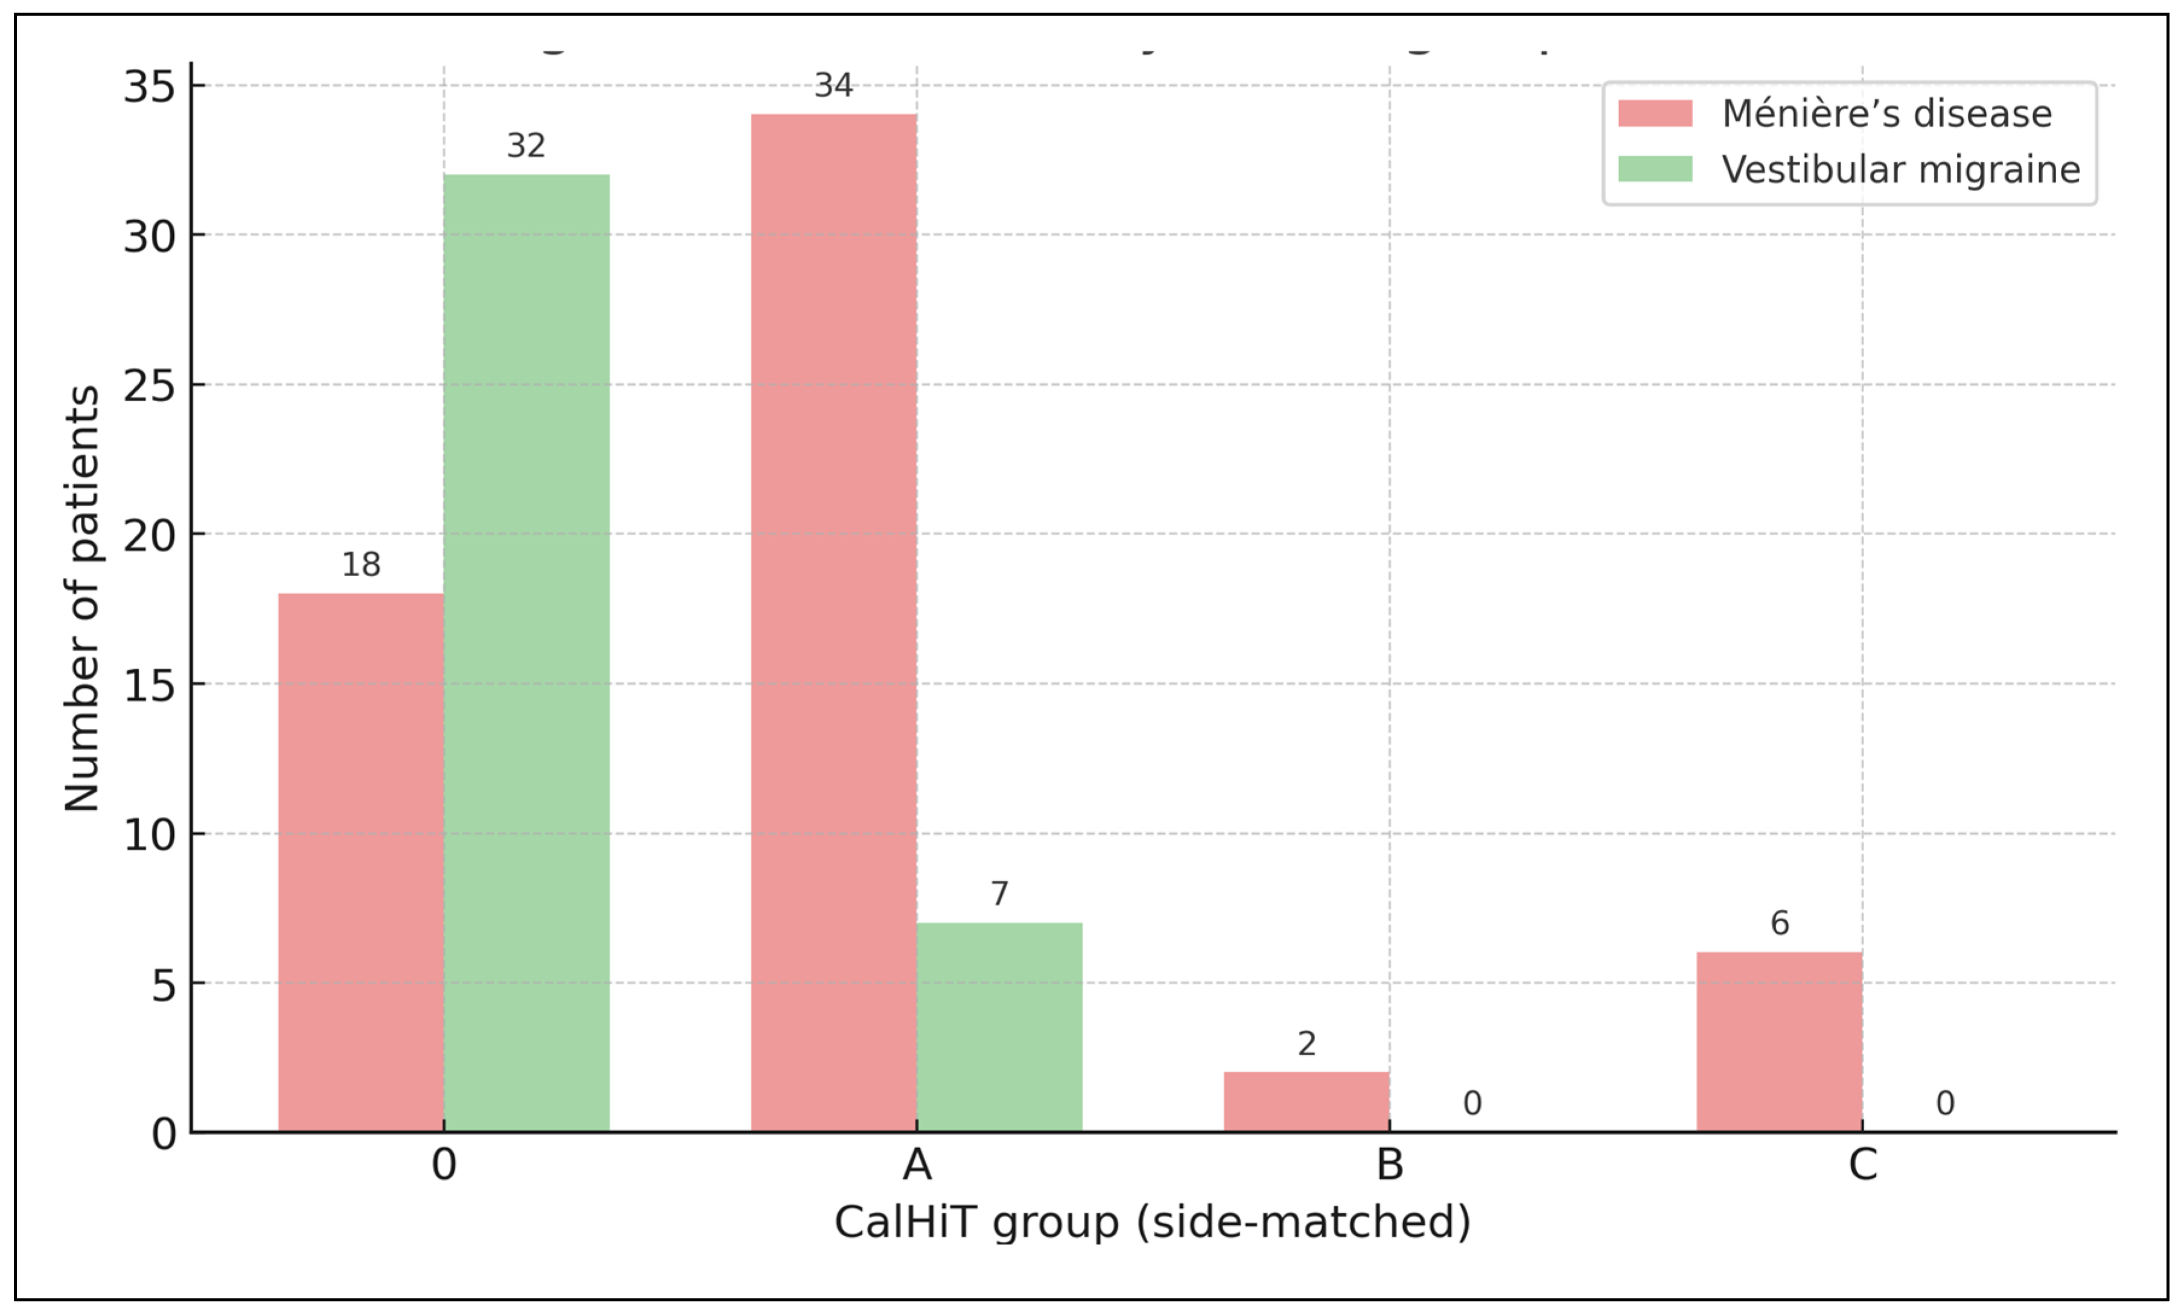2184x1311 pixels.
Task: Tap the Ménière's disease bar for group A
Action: pos(833,623)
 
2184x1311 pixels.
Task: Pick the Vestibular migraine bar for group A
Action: pos(999,1027)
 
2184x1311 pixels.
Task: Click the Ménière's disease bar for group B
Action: pos(1306,1102)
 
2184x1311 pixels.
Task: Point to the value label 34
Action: pos(833,86)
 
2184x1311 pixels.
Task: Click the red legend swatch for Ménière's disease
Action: pos(1655,113)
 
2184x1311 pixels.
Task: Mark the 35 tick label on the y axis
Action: pos(149,87)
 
